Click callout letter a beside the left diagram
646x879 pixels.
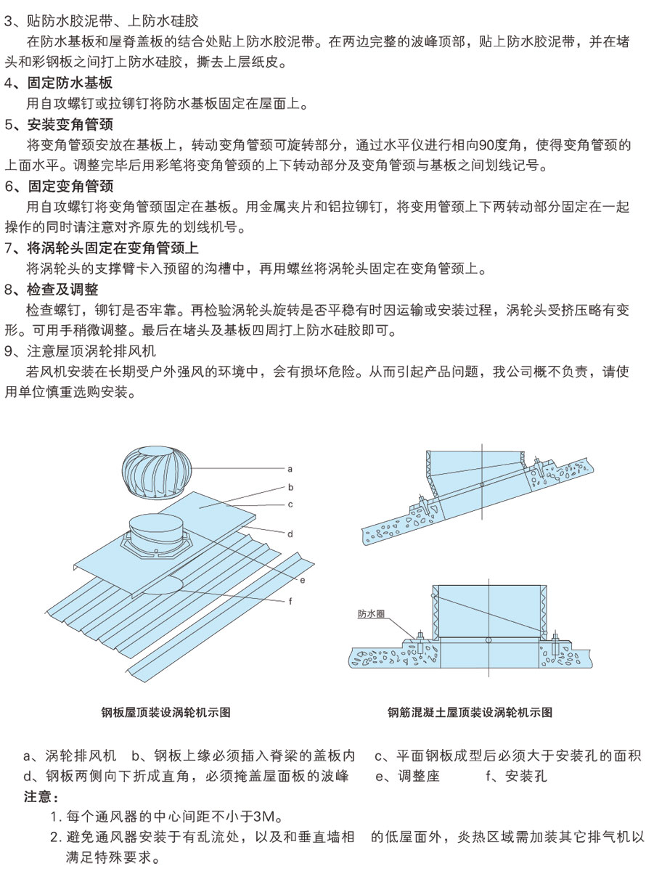point(290,469)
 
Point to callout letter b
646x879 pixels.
point(290,487)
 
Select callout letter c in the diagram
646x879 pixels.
point(290,504)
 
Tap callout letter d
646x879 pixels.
point(290,533)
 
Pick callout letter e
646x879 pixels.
point(301,579)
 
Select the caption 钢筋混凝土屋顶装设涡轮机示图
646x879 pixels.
point(470,713)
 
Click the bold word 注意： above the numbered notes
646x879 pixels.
point(42,797)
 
